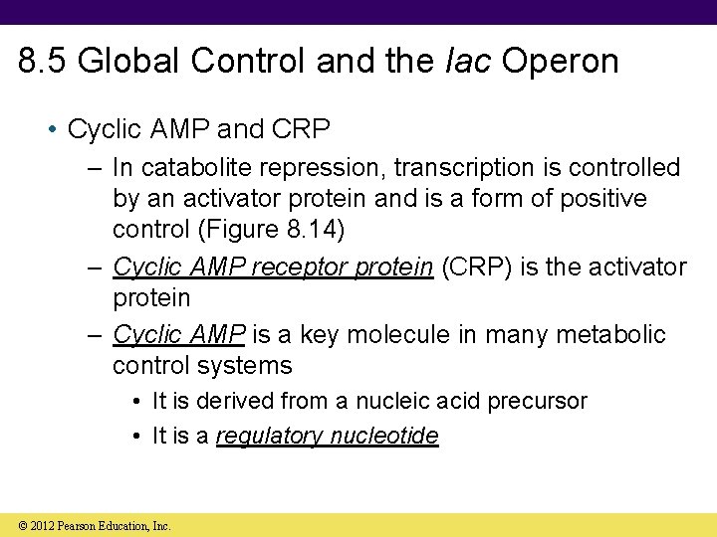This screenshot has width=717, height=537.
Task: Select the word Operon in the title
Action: pyautogui.click(x=560, y=62)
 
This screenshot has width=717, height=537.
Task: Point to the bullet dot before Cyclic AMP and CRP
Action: pyautogui.click(x=57, y=130)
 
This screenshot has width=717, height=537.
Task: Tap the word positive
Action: pyautogui.click(x=597, y=198)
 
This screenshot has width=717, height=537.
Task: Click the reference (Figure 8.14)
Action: pyautogui.click(x=273, y=229)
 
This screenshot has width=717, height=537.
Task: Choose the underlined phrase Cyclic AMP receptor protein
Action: pyautogui.click(x=273, y=268)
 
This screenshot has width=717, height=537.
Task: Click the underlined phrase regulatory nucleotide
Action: pyautogui.click(x=327, y=436)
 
